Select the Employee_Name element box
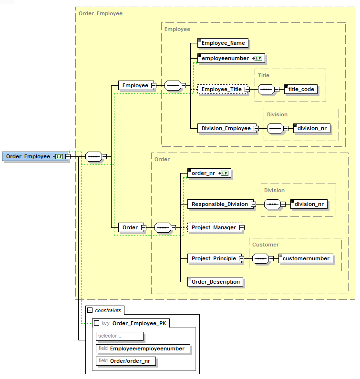coord(223,43)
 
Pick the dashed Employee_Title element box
coord(222,89)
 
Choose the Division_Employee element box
coord(226,128)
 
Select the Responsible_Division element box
coord(219,204)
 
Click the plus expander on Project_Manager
coord(242,228)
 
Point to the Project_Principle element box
coord(214,258)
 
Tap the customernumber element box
coord(306,258)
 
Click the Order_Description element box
coord(215,282)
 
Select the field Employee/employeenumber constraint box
coord(143,348)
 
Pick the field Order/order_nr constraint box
coord(126,361)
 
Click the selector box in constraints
coord(119,336)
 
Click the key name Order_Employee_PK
coord(140,323)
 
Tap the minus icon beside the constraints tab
coord(90,310)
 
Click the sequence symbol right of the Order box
coord(163,228)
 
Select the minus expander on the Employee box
coord(154,86)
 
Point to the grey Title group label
coord(264,75)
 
